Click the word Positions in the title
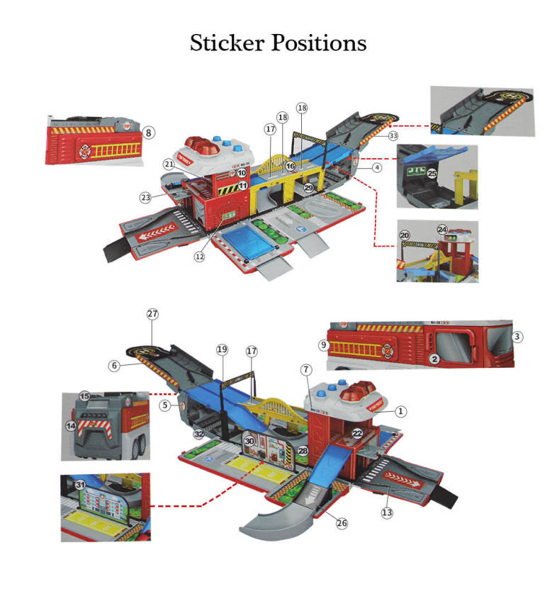click(x=318, y=43)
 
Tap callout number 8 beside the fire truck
click(x=149, y=132)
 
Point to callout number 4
click(x=378, y=168)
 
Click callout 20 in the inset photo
click(x=404, y=235)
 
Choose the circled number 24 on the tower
click(x=442, y=230)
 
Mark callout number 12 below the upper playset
click(x=200, y=257)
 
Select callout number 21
click(x=169, y=164)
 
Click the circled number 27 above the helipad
click(x=152, y=313)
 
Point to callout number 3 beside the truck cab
click(x=517, y=337)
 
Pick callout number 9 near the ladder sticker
click(x=323, y=344)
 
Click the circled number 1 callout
click(x=401, y=410)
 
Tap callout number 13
click(x=387, y=512)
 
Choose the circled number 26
click(x=342, y=524)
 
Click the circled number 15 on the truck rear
click(x=84, y=397)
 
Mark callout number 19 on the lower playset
click(x=222, y=349)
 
